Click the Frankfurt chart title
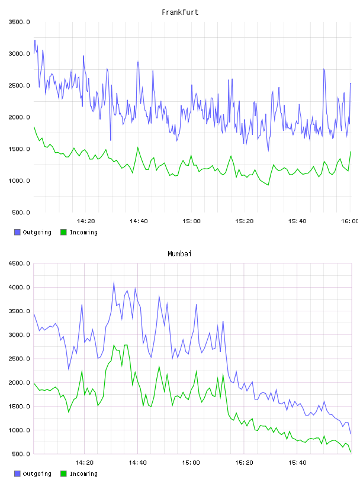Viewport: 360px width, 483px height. coord(180,12)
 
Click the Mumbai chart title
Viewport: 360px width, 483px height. coord(179,254)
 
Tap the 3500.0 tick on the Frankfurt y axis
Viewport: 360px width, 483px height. coord(20,22)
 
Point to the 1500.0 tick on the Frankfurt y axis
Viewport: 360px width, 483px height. coord(20,149)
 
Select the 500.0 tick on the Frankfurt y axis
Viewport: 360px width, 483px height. coord(21,212)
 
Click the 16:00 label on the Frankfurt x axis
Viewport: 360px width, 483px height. coord(349,221)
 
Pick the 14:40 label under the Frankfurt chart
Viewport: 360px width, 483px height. coord(139,221)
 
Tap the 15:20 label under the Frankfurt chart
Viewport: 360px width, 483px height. coord(245,221)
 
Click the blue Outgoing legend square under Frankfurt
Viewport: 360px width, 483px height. coord(17,232)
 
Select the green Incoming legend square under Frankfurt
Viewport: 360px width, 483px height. coord(63,232)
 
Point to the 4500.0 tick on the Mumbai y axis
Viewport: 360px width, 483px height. coord(20,263)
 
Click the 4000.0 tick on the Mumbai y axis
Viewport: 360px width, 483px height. coord(20,288)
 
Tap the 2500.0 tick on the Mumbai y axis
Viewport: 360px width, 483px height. coord(20,359)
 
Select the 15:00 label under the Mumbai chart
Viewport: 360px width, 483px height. coord(191,463)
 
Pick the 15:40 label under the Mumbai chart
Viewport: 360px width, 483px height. coord(297,463)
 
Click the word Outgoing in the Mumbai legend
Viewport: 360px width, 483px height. coord(37,474)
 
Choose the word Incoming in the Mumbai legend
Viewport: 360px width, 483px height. coord(83,474)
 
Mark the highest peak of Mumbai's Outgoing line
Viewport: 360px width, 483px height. coord(114,282)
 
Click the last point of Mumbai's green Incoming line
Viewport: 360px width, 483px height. coord(351,452)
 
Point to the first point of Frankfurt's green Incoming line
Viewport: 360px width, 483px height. coord(34,127)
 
